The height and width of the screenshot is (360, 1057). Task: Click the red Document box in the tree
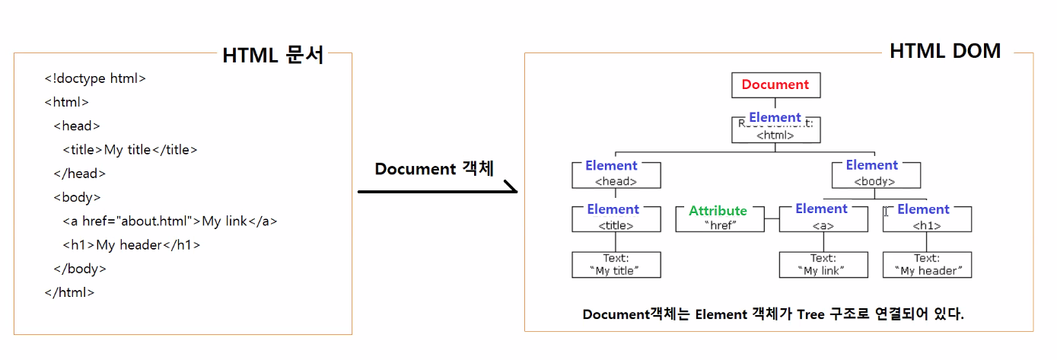tap(775, 85)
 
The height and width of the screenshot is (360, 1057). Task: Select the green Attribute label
tap(718, 211)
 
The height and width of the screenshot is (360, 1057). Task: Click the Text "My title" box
tap(616, 265)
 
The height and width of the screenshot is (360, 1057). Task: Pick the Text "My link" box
tap(823, 265)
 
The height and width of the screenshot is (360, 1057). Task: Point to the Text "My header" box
tap(927, 265)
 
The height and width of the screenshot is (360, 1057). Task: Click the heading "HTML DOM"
tap(945, 51)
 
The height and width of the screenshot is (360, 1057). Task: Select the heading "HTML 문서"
tap(273, 56)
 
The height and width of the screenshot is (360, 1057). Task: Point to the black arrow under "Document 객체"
tap(437, 191)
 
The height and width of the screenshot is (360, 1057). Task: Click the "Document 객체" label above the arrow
tap(434, 168)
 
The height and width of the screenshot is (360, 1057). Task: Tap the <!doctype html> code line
tap(95, 78)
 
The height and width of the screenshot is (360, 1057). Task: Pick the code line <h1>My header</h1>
tap(131, 245)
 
